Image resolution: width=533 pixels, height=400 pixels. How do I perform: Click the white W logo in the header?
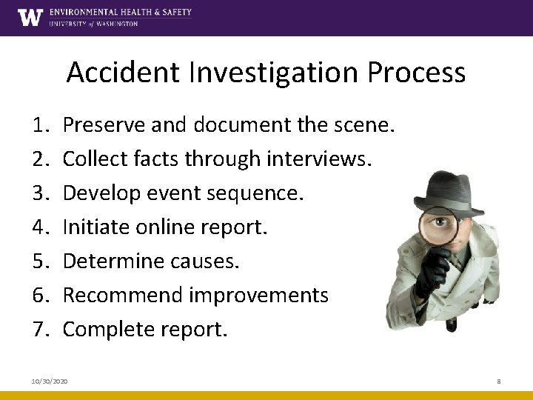coord(30,17)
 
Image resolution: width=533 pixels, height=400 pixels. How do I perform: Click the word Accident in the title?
coord(120,73)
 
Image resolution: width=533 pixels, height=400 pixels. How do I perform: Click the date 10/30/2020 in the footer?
coord(50,380)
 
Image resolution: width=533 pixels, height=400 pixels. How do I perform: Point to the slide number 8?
coord(499,380)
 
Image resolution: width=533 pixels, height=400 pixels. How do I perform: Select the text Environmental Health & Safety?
coord(121,13)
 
